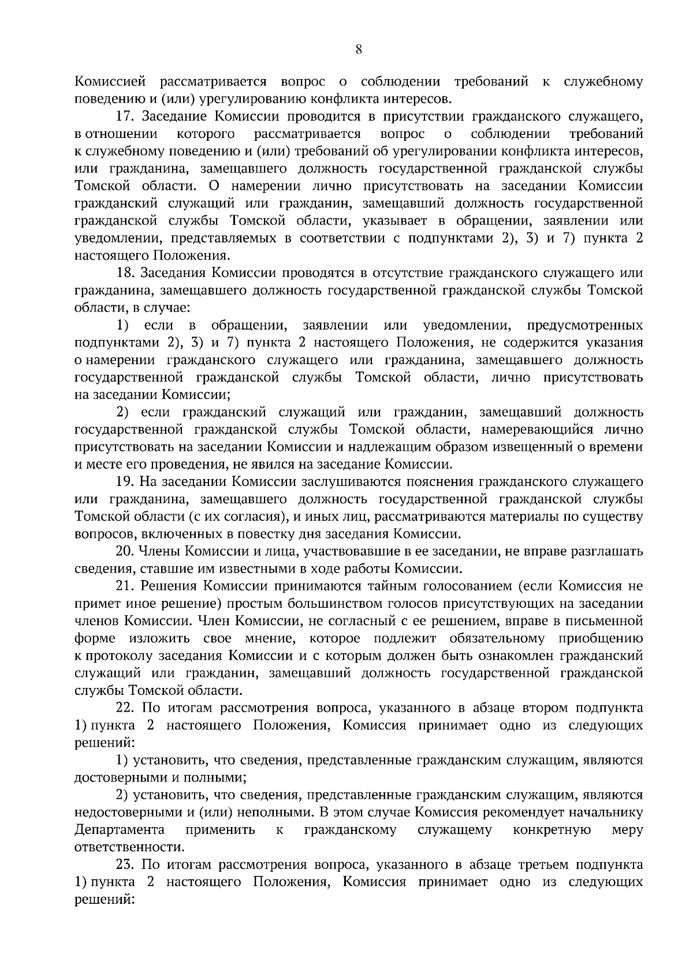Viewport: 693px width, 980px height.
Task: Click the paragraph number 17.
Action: pos(125,117)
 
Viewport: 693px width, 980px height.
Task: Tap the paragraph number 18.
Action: pos(125,273)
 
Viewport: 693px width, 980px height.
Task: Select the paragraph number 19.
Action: pos(125,481)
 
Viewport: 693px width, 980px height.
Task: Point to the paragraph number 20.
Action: pos(125,551)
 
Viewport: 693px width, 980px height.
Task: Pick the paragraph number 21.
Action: pos(125,586)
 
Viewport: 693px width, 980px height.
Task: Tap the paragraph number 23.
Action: pos(125,865)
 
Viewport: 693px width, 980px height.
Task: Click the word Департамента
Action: pos(120,830)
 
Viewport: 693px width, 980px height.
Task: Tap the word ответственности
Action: pos(130,847)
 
